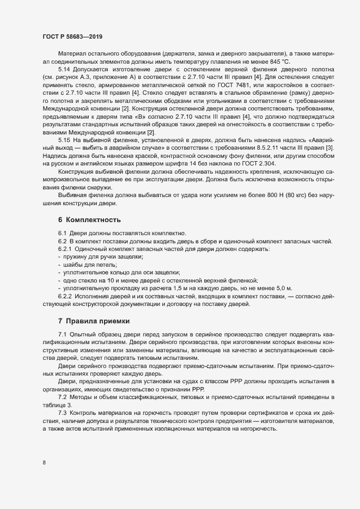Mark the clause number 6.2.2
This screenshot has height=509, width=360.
[x=66, y=295]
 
